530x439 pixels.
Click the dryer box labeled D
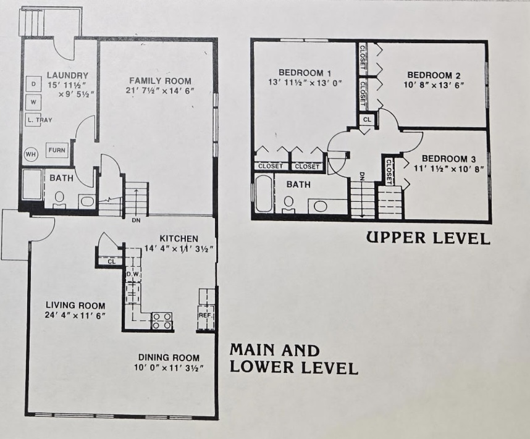pyautogui.click(x=33, y=84)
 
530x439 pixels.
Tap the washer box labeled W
pyautogui.click(x=33, y=102)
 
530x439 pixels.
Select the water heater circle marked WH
pyautogui.click(x=31, y=154)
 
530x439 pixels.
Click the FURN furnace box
pyautogui.click(x=57, y=150)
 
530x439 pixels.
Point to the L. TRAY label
pyautogui.click(x=40, y=120)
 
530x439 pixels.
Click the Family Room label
pyautogui.click(x=160, y=81)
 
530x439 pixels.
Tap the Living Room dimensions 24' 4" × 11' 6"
pyautogui.click(x=75, y=316)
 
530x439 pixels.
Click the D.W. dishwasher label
pyautogui.click(x=133, y=274)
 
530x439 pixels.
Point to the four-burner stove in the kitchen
pyautogui.click(x=162, y=320)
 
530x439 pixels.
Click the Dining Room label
pyautogui.click(x=169, y=357)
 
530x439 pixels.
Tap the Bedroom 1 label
pyautogui.click(x=305, y=73)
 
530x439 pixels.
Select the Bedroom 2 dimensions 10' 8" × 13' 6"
pyautogui.click(x=434, y=85)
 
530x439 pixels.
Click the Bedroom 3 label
pyautogui.click(x=449, y=159)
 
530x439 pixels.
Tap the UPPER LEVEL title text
pyautogui.click(x=428, y=238)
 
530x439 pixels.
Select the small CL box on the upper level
pyautogui.click(x=367, y=120)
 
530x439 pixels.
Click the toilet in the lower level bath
pyautogui.click(x=59, y=199)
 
